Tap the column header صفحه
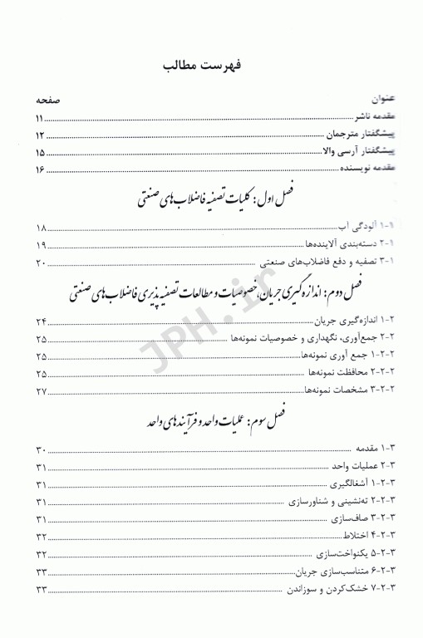pyautogui.click(x=47, y=100)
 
